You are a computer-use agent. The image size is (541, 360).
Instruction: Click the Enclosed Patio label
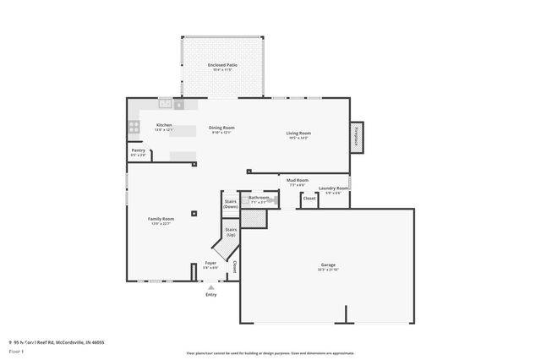click(x=221, y=65)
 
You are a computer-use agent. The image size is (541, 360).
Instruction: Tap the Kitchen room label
click(x=164, y=125)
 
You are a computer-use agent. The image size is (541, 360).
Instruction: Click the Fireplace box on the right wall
click(x=357, y=138)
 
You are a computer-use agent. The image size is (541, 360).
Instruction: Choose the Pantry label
click(x=138, y=151)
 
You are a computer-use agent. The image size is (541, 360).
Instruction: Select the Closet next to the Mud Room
click(x=309, y=199)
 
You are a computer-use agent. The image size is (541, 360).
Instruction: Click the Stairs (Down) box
click(x=230, y=204)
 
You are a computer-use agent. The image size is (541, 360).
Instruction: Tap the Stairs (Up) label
click(x=230, y=231)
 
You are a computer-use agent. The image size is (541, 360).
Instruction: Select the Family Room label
click(x=161, y=219)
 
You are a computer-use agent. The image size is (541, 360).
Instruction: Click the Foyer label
click(x=210, y=264)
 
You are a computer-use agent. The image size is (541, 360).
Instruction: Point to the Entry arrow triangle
click(x=211, y=286)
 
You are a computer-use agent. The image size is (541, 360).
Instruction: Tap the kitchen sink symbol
click(x=165, y=104)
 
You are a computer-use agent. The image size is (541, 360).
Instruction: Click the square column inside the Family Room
click(x=194, y=214)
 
